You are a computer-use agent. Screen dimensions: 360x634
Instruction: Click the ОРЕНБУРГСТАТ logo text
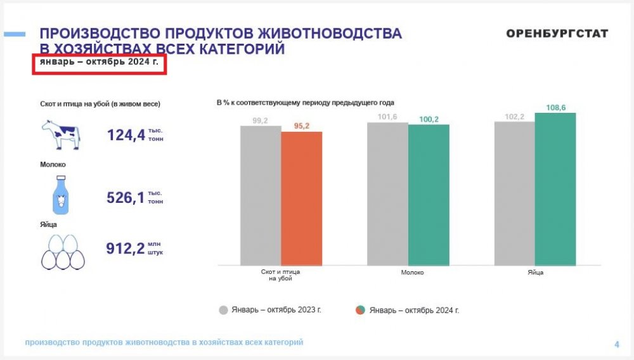click(x=557, y=34)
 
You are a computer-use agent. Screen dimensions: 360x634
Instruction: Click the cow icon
click(x=61, y=134)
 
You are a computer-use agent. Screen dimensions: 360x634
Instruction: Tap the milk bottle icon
click(x=60, y=195)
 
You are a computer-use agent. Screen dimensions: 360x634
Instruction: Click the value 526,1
click(x=126, y=197)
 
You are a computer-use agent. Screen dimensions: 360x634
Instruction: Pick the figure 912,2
click(x=126, y=248)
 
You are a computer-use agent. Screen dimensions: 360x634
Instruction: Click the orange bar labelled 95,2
click(x=302, y=198)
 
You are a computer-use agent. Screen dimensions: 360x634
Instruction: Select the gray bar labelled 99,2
click(x=261, y=195)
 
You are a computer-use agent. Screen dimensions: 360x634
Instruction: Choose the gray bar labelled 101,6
click(x=387, y=193)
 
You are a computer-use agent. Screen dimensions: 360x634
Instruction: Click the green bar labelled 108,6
click(x=555, y=188)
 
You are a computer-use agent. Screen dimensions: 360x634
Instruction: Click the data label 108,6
click(x=555, y=108)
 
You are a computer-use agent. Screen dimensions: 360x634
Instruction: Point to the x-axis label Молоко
click(x=412, y=273)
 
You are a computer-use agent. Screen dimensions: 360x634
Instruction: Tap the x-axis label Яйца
click(x=535, y=273)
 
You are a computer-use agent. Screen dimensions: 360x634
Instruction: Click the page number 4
click(x=616, y=344)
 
